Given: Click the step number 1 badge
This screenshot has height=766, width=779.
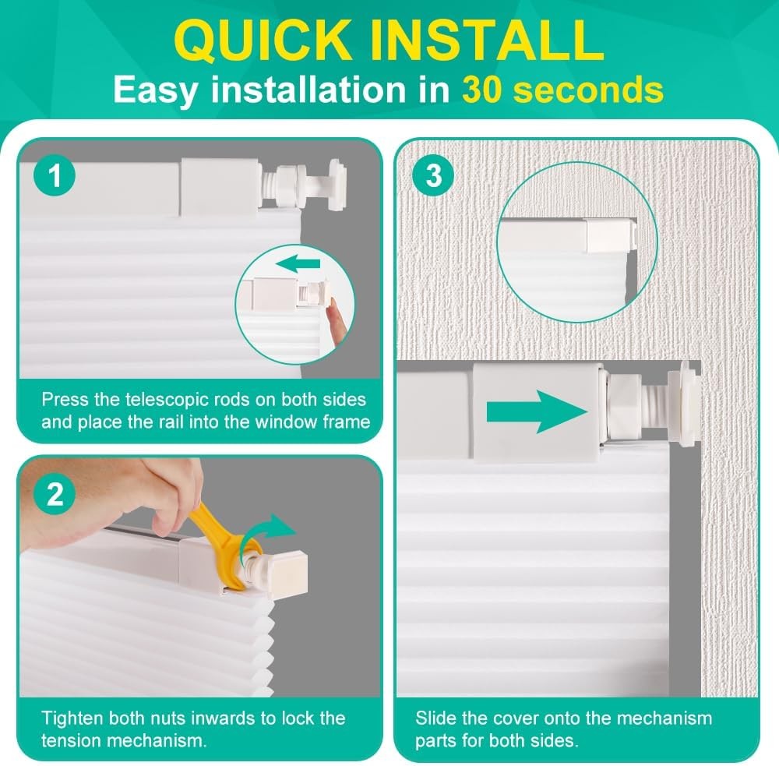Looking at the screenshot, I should (x=54, y=177).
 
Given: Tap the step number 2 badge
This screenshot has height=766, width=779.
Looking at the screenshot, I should (x=55, y=494).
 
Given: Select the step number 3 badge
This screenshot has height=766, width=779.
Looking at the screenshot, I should (x=434, y=176).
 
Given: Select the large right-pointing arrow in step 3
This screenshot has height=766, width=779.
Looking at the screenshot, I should (x=537, y=411).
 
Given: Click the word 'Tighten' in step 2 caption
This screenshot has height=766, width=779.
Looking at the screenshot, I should (x=70, y=718).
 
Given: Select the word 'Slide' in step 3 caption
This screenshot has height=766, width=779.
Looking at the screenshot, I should (x=435, y=718).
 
